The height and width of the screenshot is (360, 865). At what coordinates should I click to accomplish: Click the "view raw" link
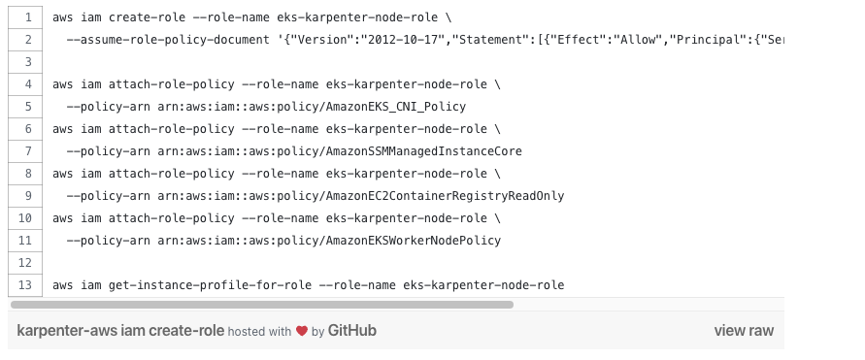pos(744,331)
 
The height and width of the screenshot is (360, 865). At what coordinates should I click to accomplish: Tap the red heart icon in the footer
pos(302,331)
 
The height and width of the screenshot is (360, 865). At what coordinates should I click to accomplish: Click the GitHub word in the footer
pos(352,330)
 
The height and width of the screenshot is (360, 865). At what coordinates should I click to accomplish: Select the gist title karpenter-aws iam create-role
pos(120,331)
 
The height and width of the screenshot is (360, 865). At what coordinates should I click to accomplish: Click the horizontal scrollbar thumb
pos(262,305)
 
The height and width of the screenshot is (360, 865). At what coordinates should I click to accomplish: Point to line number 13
pos(25,285)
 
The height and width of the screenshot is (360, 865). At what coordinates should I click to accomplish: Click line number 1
pos(28,17)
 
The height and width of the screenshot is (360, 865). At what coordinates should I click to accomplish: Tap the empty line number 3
pos(28,62)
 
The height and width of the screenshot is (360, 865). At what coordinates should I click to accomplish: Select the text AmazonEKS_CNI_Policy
pos(396,107)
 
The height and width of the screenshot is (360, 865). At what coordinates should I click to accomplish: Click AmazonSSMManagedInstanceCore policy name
pos(424,151)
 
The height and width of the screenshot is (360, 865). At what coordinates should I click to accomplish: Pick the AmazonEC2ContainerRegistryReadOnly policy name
pos(446,196)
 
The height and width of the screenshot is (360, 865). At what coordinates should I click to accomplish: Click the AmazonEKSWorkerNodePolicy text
pos(414,241)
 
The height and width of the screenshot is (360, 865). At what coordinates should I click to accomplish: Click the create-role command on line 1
pos(148,17)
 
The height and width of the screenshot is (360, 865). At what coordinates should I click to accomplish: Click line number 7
pos(28,151)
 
